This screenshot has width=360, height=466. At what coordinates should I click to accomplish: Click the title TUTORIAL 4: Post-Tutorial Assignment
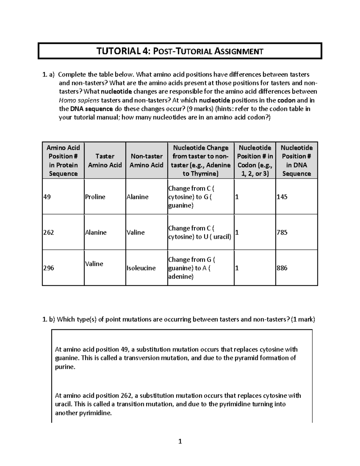(179, 51)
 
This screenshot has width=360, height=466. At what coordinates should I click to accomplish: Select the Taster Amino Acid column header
(105, 161)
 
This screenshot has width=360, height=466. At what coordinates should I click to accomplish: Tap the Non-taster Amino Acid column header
(146, 161)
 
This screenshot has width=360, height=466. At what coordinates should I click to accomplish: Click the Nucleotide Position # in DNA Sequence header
(296, 161)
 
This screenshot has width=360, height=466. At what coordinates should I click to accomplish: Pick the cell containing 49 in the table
(47, 197)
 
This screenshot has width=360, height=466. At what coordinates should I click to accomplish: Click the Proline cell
(95, 197)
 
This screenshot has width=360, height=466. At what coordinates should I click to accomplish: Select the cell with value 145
(282, 197)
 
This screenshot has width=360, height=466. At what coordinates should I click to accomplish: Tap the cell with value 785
(282, 232)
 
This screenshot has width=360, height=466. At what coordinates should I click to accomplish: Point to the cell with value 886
(282, 268)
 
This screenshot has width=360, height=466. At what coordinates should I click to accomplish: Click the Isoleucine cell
(141, 268)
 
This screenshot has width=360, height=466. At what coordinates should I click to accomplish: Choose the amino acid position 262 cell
(48, 232)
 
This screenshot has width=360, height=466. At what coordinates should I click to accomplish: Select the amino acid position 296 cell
(48, 268)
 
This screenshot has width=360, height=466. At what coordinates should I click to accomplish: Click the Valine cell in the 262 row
(136, 232)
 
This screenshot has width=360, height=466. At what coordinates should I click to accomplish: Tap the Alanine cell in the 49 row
(137, 197)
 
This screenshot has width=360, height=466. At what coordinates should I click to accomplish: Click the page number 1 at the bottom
(180, 441)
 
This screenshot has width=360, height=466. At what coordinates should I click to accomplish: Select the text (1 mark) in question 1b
(303, 319)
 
